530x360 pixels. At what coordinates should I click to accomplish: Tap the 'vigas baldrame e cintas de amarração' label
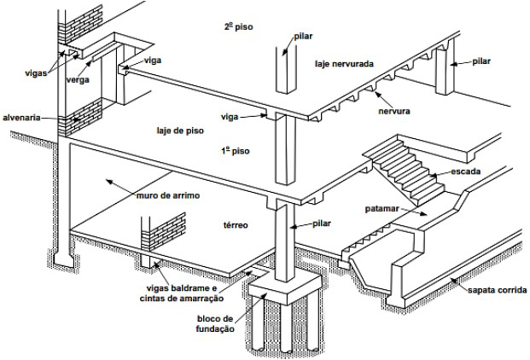[178, 293]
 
